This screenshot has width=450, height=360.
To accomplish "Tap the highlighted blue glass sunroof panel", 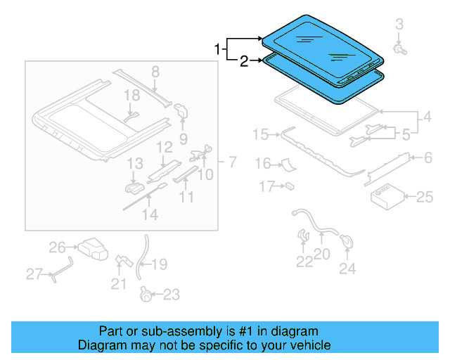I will (320, 44).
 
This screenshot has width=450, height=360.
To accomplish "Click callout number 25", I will (425, 198).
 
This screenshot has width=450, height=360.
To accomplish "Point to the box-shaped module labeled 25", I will (385, 196).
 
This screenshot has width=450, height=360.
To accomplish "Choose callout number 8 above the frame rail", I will (155, 71).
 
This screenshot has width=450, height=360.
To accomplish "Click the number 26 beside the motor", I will (56, 247).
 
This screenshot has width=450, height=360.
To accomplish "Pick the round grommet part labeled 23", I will (146, 295).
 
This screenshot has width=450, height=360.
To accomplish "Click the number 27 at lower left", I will (34, 274).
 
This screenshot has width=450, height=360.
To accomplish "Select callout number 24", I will (347, 268).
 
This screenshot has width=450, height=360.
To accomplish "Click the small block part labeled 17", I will (289, 186).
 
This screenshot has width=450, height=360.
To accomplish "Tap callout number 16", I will (262, 164).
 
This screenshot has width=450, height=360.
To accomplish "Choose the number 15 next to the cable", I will (260, 134).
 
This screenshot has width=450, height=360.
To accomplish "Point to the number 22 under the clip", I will (303, 262).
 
